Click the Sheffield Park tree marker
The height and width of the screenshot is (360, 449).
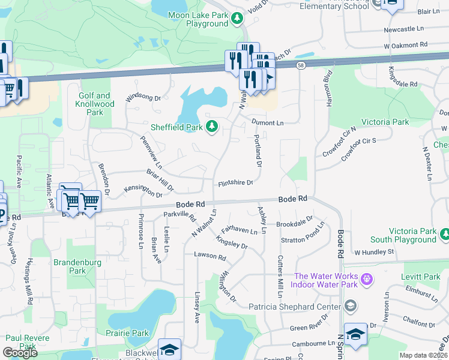[211, 126]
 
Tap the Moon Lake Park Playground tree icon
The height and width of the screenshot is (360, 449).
[237, 19]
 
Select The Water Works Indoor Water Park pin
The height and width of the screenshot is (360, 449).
[367, 279]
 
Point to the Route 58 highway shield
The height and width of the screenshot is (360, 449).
[300, 64]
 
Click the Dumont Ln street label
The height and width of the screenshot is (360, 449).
[267, 122]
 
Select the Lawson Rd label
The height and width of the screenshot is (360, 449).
[209, 256]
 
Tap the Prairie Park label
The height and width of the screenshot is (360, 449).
[131, 333]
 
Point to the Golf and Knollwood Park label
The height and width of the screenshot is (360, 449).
[95, 104]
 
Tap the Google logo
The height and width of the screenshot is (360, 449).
[20, 353]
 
